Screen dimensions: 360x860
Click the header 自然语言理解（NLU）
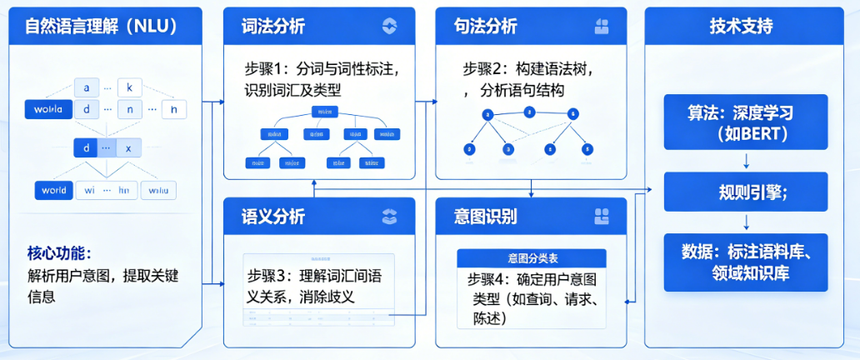(x=102, y=26)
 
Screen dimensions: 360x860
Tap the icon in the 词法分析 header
(x=389, y=26)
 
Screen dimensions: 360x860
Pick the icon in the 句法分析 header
(x=602, y=26)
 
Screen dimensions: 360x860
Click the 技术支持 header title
(x=741, y=26)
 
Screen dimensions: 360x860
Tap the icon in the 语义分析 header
(x=389, y=217)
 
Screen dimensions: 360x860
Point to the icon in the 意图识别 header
(x=602, y=217)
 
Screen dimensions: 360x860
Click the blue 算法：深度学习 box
(x=746, y=122)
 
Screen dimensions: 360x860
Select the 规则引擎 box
(x=746, y=192)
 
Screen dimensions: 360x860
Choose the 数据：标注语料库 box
(x=746, y=262)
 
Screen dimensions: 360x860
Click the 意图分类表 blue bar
(x=532, y=258)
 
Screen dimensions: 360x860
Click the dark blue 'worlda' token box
(x=48, y=109)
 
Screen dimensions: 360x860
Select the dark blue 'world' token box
(x=53, y=190)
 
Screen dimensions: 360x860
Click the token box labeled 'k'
(x=130, y=87)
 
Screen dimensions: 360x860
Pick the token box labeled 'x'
(x=128, y=148)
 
